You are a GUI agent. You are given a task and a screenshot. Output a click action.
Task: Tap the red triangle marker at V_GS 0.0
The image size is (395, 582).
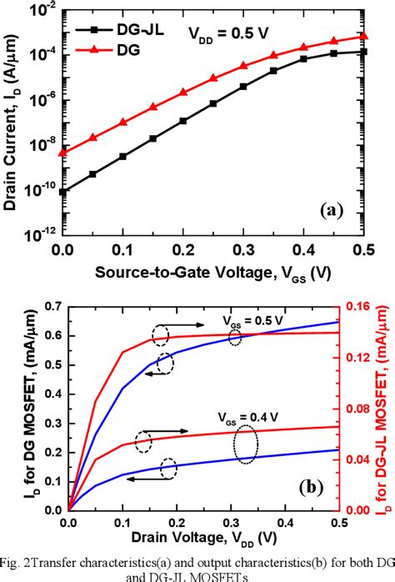click(x=62, y=153)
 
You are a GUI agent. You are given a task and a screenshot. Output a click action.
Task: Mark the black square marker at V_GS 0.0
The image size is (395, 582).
click(x=62, y=192)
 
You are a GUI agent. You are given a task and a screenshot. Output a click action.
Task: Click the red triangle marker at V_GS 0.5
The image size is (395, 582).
click(x=363, y=36)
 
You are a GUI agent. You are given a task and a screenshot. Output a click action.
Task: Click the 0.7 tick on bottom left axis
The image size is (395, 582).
click(x=52, y=307)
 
